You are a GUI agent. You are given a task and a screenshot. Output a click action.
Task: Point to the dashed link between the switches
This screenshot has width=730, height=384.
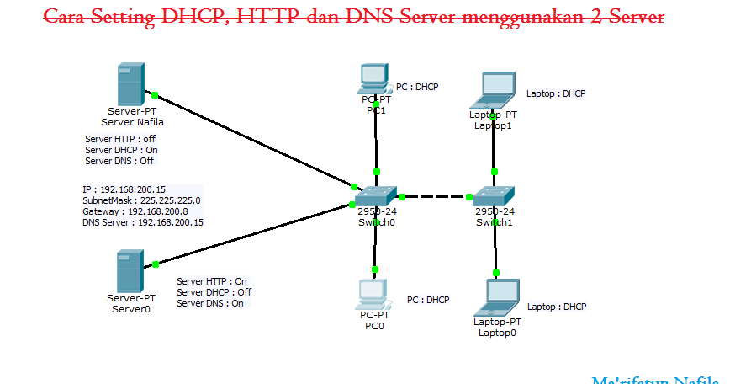pyautogui.click(x=436, y=197)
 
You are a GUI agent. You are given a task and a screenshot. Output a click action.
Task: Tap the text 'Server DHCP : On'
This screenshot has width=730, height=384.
pyautogui.click(x=121, y=150)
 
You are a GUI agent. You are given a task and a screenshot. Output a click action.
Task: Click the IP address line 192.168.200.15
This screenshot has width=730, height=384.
pyautogui.click(x=124, y=189)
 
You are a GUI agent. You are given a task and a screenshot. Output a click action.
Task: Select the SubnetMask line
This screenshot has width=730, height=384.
pyautogui.click(x=141, y=201)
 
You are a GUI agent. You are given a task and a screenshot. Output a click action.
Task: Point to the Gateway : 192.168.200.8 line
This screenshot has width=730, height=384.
pyautogui.click(x=135, y=212)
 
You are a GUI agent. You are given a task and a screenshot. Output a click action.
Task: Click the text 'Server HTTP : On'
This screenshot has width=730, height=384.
pyautogui.click(x=212, y=281)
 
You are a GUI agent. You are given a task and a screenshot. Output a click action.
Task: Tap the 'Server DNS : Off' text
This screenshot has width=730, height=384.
pyautogui.click(x=119, y=161)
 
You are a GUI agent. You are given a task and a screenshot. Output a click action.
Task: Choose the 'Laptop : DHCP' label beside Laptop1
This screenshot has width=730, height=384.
pyautogui.click(x=555, y=93)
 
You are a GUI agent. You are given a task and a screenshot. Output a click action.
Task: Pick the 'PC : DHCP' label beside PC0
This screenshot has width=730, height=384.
pyautogui.click(x=428, y=300)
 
